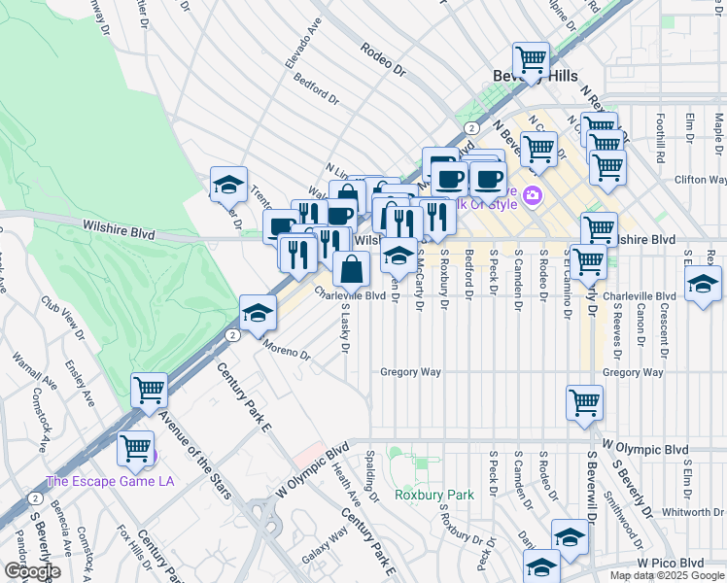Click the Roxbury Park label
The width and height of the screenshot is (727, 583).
point(433,495)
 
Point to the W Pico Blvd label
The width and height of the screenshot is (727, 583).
point(670,563)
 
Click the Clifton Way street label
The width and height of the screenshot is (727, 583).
point(701,180)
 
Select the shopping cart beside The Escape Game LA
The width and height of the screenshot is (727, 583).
point(136,449)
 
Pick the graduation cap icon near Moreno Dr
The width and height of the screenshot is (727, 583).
point(257,313)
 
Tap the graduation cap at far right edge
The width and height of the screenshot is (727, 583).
point(703,285)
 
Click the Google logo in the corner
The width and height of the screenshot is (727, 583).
point(31,571)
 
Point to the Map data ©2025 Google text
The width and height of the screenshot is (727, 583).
point(667,575)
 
